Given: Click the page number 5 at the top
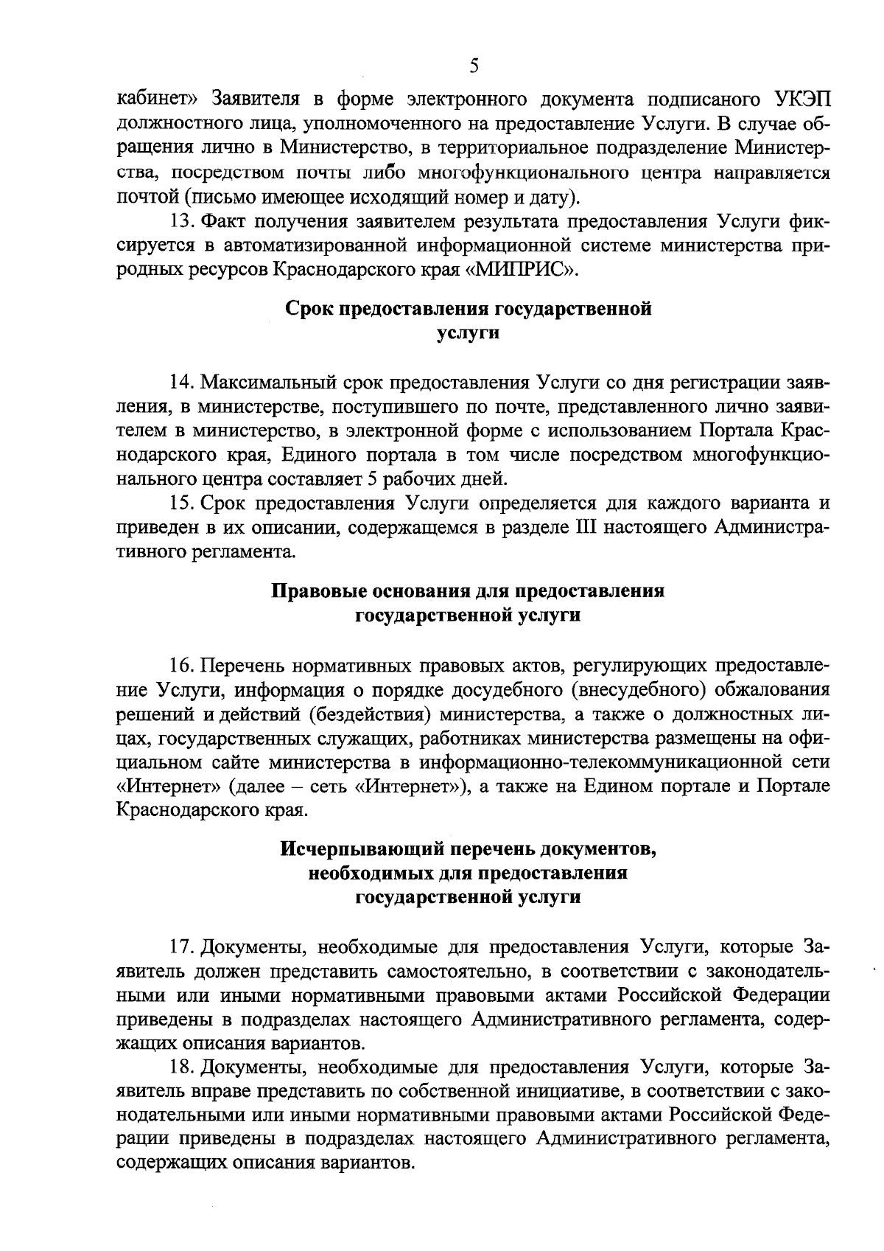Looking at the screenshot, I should [x=474, y=66].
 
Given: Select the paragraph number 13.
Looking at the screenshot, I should [x=182, y=221].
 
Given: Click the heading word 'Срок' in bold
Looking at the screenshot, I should [x=309, y=308].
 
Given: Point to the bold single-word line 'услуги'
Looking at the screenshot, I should [x=468, y=332].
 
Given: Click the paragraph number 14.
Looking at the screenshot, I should [x=182, y=383].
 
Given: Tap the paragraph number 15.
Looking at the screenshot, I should [x=182, y=503].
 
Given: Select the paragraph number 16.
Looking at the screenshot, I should [x=182, y=666].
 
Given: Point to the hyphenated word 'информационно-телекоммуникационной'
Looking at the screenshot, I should [x=597, y=762].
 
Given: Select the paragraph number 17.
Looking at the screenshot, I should [x=182, y=947].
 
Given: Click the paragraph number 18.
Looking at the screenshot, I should [x=182, y=1067].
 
